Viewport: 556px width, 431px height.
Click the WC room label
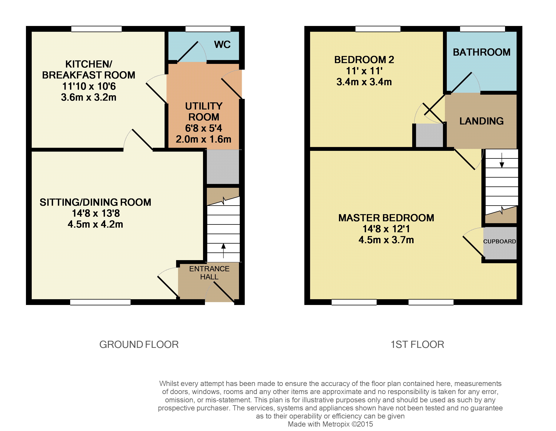coord(222,45)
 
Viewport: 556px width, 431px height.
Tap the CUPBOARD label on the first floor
coord(499,241)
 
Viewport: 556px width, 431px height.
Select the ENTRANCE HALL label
coord(209,273)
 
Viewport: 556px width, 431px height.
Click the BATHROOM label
coord(482,52)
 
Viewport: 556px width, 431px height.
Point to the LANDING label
coord(481,121)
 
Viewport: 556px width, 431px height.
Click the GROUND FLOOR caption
coord(139,344)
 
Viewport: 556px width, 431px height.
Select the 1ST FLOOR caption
coord(418,344)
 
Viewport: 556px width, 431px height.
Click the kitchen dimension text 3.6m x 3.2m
coord(89,97)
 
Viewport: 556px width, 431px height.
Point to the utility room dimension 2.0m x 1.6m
coord(203,139)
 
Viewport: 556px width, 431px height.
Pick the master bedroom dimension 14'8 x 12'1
coord(386,229)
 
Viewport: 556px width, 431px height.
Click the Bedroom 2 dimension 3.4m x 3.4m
coord(364,82)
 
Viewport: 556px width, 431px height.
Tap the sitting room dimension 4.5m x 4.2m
coord(96,224)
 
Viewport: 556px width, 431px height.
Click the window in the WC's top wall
coord(208,29)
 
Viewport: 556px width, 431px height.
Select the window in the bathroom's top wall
coord(482,29)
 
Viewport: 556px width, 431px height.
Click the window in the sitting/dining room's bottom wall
coord(100,302)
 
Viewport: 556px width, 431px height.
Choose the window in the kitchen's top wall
coord(97,29)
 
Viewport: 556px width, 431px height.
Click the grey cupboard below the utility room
coord(223,167)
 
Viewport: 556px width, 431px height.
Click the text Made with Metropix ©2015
coord(330,424)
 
